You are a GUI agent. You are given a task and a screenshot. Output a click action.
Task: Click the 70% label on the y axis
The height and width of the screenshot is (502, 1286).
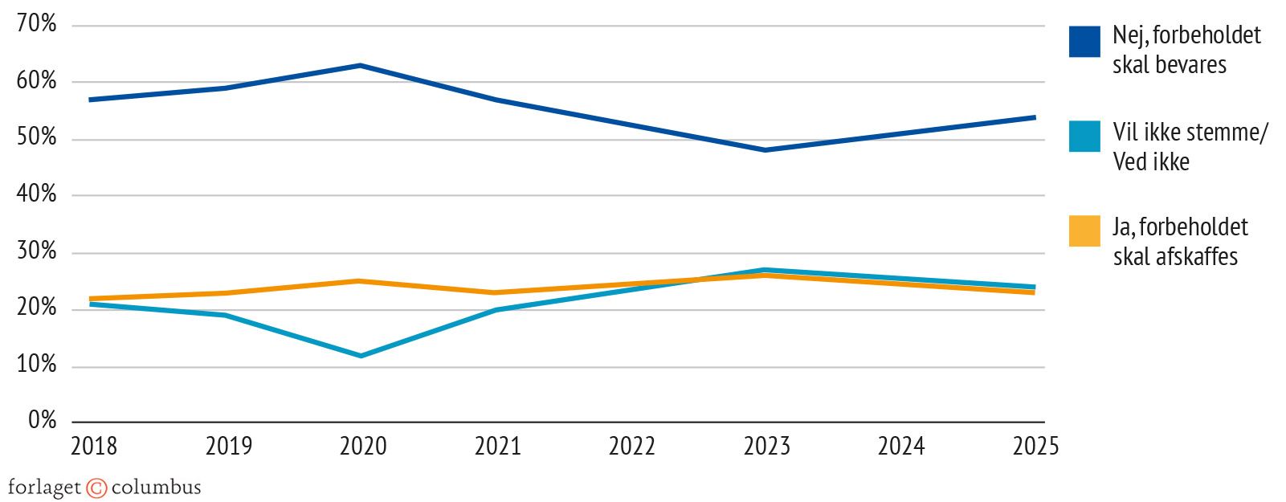coord(36,24)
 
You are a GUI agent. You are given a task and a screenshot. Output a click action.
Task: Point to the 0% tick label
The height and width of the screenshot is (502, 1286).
coord(42,420)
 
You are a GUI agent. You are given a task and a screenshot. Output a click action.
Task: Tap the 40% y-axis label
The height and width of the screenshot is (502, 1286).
coord(36,194)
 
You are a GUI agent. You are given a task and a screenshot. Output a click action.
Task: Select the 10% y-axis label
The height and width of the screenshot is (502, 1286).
coord(36,365)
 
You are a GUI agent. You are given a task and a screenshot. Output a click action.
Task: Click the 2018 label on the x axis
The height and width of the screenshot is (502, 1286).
coord(94,446)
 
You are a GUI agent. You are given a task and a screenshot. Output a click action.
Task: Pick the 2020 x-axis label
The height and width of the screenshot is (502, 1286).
coord(363,446)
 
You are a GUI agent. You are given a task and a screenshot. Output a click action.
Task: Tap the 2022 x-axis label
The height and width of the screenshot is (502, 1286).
coord(632,446)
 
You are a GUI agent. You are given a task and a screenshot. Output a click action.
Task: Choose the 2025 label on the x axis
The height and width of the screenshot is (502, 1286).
coord(1035,446)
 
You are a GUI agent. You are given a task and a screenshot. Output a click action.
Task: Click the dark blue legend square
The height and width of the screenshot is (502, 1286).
coord(1084,42)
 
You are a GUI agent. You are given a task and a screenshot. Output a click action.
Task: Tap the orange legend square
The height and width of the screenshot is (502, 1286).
coord(1084,231)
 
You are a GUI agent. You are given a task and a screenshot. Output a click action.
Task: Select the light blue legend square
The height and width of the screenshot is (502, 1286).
coord(1084,137)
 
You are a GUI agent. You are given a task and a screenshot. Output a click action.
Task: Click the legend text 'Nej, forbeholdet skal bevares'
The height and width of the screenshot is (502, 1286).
coord(1186,50)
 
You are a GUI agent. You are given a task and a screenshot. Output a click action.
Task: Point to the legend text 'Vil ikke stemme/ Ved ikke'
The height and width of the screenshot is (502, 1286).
coord(1190,147)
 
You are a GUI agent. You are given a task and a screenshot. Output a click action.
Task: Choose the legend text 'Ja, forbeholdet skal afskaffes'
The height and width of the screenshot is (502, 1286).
coord(1179,242)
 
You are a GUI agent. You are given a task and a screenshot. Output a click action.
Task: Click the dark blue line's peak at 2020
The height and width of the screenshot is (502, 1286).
coord(361,65)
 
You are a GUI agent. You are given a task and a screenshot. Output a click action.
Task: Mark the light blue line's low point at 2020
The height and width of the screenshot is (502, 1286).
coord(361,356)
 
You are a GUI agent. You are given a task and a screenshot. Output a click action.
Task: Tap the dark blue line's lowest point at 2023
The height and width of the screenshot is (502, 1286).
coord(765,150)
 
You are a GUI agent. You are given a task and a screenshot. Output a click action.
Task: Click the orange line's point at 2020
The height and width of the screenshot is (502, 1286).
coord(361,281)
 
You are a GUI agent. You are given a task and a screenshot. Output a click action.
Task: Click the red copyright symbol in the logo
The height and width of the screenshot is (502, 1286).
coord(96,488)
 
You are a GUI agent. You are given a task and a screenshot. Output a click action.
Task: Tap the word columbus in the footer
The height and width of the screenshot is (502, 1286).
coord(156,488)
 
